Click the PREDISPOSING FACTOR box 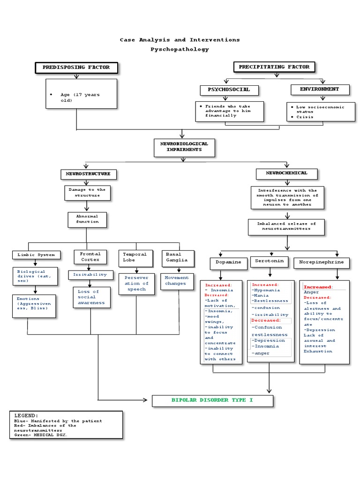coord(76,67)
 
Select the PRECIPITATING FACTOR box coord(274,67)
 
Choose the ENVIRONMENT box coord(320,89)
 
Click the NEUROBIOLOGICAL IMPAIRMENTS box coord(184,147)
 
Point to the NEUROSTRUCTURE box coord(88,174)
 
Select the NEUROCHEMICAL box coord(286,173)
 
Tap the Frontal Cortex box coord(90,256)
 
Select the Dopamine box coord(228,262)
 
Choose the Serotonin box coord(270,261)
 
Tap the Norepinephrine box coord(322,262)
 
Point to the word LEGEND coord(26,416)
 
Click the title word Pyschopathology coord(180,49)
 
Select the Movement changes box coord(175,281)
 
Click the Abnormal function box coord(87,219)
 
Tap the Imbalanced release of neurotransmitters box coord(286,226)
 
